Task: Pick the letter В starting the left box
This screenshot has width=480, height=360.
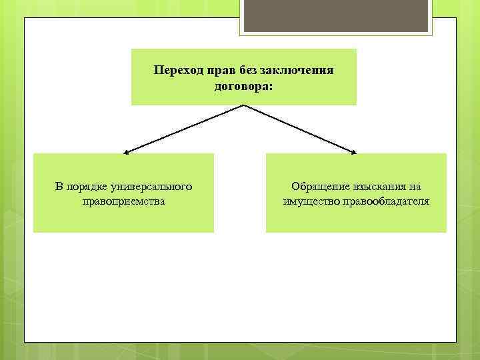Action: click(59, 187)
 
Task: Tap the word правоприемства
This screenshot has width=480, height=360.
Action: click(123, 201)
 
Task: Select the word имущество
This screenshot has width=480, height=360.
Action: click(311, 201)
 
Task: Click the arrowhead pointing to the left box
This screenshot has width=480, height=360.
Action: click(125, 151)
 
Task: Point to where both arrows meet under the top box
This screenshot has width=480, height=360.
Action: click(244, 105)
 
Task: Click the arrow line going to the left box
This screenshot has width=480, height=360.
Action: click(185, 128)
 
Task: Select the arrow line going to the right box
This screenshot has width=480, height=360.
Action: click(300, 128)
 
